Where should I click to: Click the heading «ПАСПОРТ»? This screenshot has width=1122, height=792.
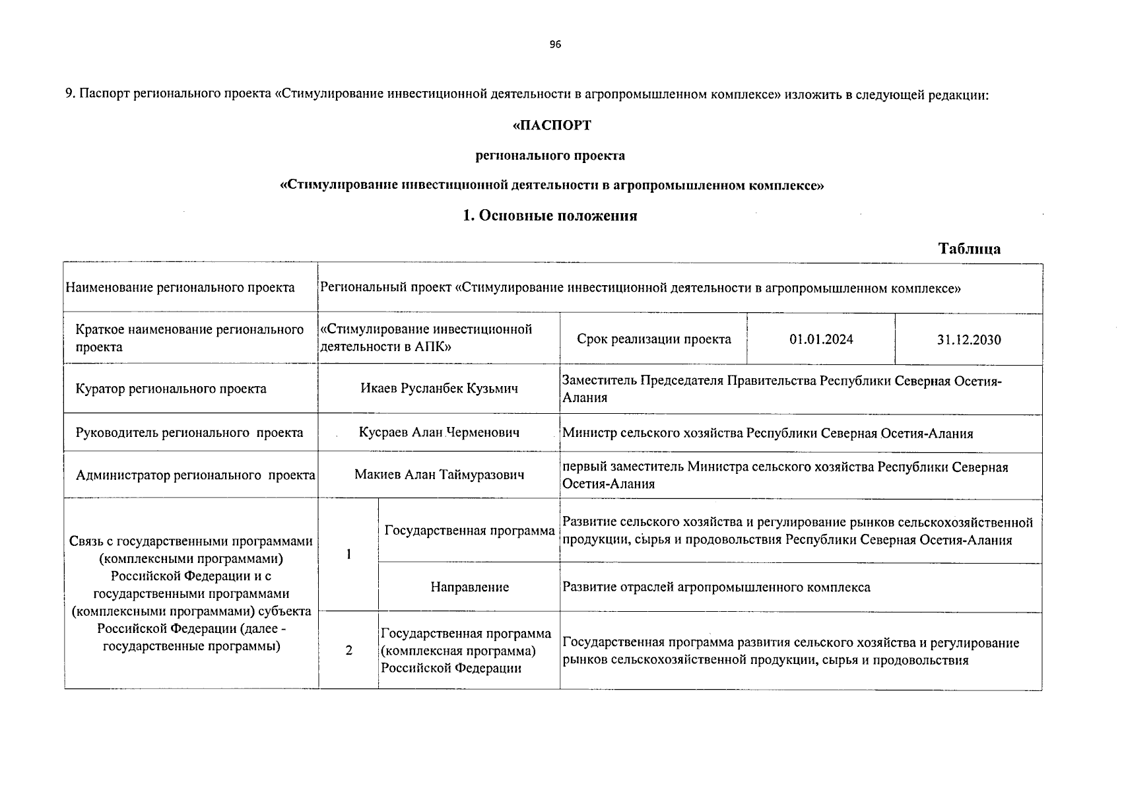click(552, 125)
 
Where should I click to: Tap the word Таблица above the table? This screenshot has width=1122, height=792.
click(969, 249)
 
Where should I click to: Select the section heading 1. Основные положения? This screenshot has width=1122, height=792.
click(550, 216)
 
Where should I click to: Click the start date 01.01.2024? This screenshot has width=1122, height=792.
click(821, 339)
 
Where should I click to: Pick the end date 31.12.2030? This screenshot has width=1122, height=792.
click(968, 340)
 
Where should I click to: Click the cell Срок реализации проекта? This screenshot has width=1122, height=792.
click(653, 339)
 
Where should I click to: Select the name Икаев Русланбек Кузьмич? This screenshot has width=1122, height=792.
click(439, 389)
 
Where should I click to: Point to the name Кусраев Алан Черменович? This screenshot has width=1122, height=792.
click(439, 433)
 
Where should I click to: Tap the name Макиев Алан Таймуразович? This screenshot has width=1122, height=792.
click(439, 475)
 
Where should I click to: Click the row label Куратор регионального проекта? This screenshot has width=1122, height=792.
click(171, 389)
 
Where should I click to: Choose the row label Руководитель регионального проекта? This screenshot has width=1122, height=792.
click(189, 433)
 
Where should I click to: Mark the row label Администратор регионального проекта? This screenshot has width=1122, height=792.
click(195, 475)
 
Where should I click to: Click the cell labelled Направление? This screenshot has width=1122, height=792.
click(469, 587)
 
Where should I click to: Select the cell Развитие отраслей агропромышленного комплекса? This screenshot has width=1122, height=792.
click(716, 587)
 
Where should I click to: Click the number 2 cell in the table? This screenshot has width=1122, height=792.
click(348, 651)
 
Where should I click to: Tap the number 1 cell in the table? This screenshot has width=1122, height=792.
click(348, 554)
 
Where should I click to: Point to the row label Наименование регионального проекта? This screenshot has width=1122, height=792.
click(180, 288)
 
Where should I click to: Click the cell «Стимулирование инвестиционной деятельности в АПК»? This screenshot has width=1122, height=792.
click(426, 338)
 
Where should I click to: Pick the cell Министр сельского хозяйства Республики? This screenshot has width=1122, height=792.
click(767, 434)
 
